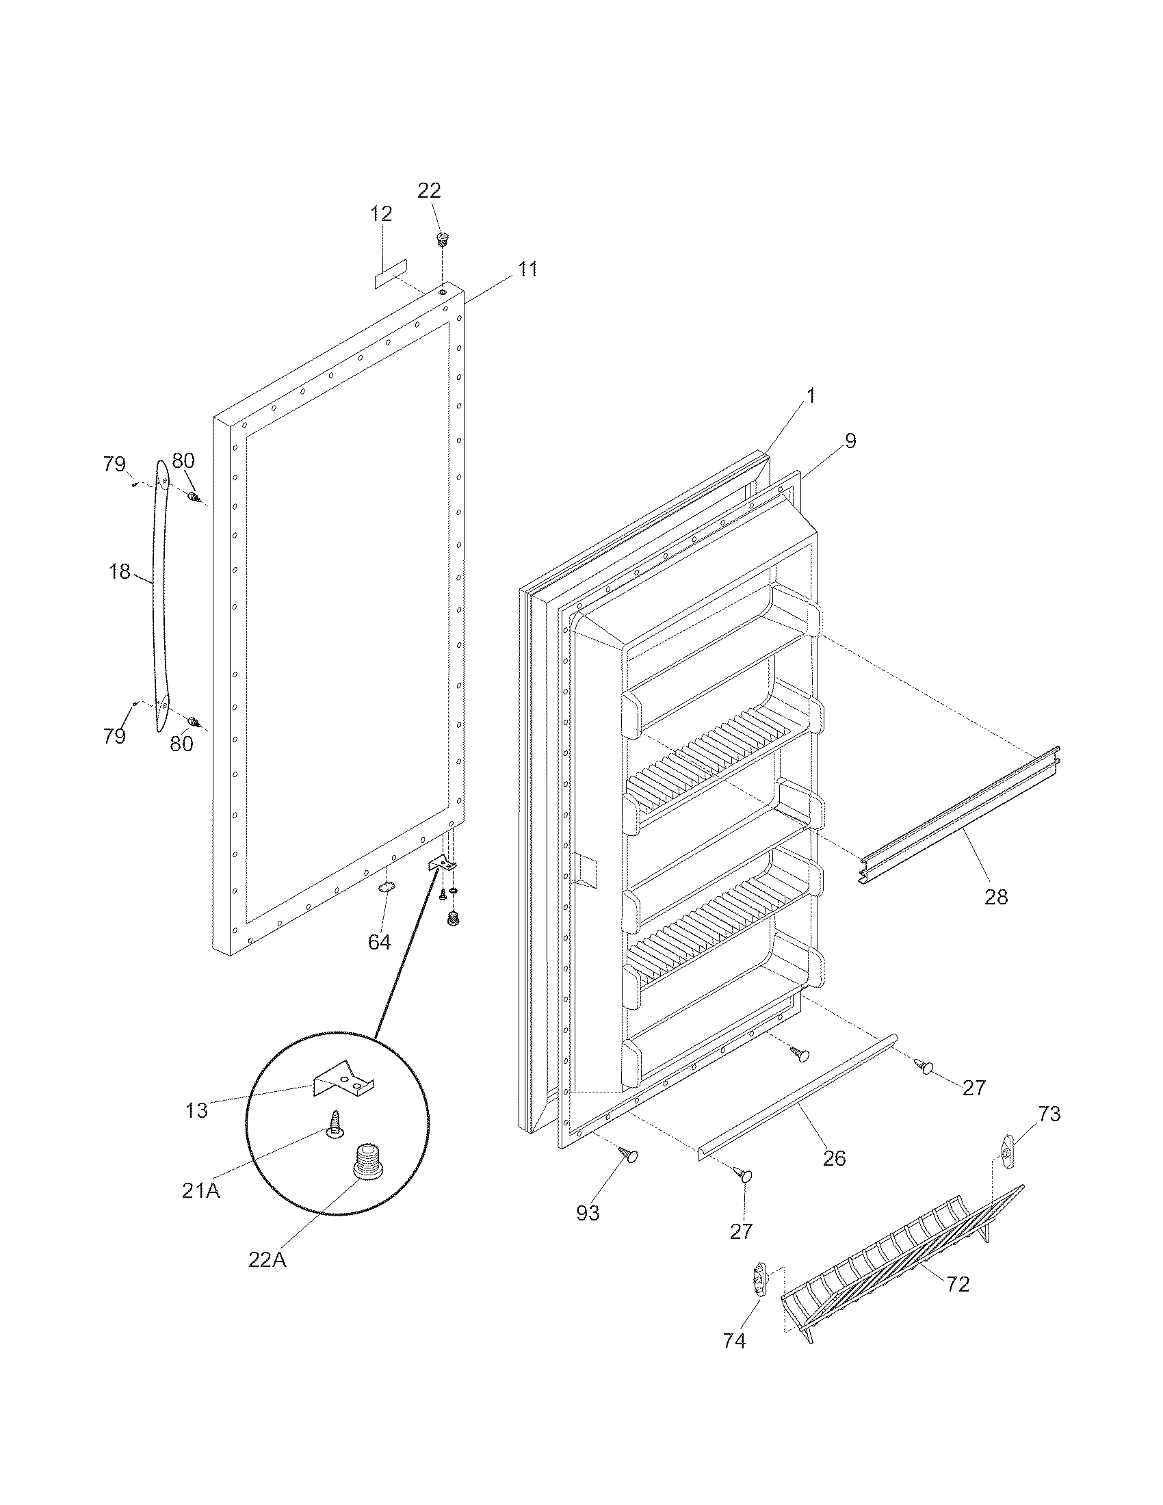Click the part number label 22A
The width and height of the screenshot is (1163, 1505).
click(267, 1259)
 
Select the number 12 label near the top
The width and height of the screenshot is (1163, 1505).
click(381, 213)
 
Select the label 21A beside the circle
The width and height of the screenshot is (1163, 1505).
click(201, 1190)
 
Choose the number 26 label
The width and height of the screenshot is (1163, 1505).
click(834, 1158)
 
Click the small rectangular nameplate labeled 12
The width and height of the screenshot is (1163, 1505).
click(391, 274)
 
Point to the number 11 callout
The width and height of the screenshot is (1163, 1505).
click(527, 270)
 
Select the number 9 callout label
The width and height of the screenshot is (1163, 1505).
click(850, 441)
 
